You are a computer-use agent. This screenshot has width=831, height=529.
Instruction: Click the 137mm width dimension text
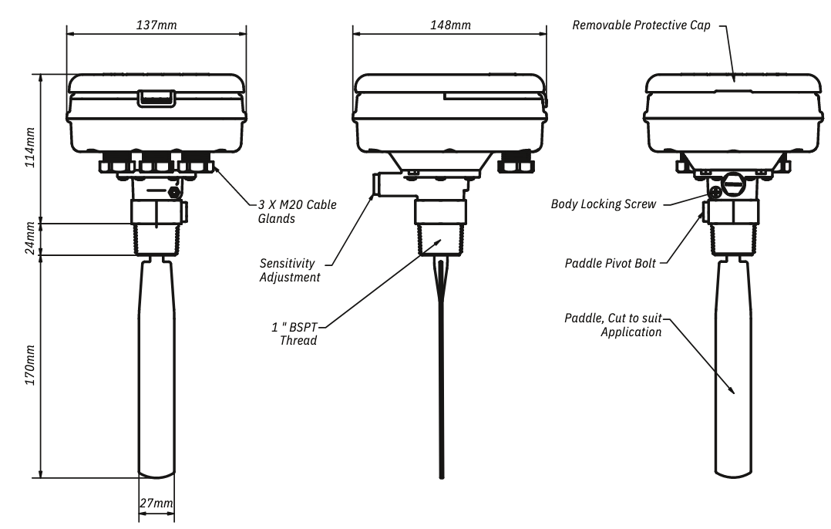(x=156, y=25)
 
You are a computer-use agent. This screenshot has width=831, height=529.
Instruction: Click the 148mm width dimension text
(x=449, y=25)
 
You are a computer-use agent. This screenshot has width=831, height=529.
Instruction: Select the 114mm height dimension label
(x=31, y=149)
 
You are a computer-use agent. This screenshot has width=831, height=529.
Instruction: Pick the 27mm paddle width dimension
(x=156, y=504)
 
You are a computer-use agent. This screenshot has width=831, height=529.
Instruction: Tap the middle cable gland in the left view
(x=156, y=164)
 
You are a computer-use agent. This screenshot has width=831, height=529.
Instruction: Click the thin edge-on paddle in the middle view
(x=440, y=370)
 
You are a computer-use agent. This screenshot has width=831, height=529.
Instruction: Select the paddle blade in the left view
(x=156, y=370)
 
